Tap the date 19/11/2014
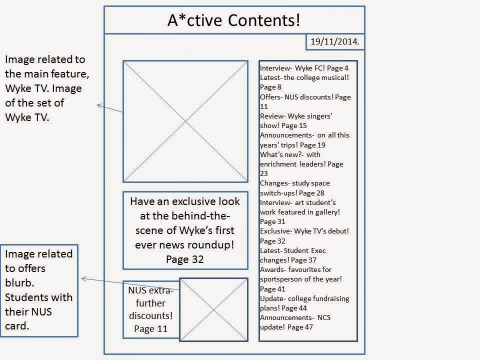pyautogui.click(x=334, y=42)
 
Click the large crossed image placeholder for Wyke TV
pyautogui.click(x=185, y=121)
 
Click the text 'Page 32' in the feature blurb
pyautogui.click(x=185, y=259)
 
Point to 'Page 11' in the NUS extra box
pyautogui.click(x=150, y=328)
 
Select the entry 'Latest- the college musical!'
pyautogui.click(x=304, y=77)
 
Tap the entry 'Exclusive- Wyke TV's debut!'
pyautogui.click(x=304, y=231)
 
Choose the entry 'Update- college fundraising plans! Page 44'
pyautogui.click(x=304, y=303)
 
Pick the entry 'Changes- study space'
pyautogui.click(x=295, y=183)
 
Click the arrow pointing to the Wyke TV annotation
pyautogui.click(x=109, y=108)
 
